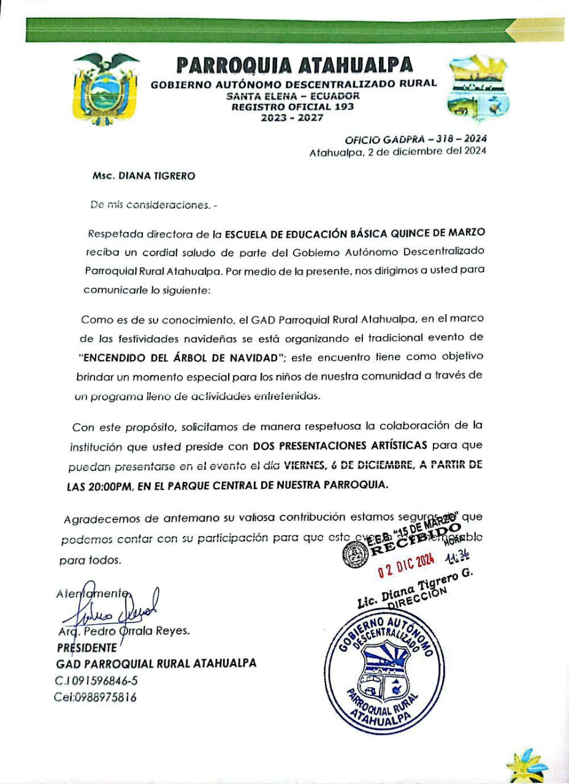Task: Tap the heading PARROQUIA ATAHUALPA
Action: tap(294, 64)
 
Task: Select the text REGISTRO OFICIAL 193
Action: tap(292, 107)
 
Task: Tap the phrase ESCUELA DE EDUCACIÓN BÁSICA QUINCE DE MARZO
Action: tap(355, 233)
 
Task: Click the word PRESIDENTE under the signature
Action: tap(87, 647)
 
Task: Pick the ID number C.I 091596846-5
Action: tap(96, 680)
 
